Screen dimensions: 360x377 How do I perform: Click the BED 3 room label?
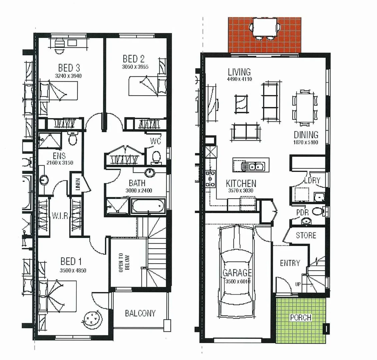coord(69,68)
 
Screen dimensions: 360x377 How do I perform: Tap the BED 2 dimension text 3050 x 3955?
coord(135,67)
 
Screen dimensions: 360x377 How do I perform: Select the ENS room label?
coord(59,156)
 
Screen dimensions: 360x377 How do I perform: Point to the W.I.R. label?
coord(60,216)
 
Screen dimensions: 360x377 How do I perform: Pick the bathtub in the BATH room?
coord(148,206)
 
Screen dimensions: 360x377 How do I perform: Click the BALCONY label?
coord(140,313)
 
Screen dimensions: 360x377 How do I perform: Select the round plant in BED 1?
coord(92,319)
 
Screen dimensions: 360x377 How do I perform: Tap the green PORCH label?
coord(301,317)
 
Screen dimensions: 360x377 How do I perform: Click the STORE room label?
coord(306,235)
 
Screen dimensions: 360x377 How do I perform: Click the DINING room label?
coord(306,135)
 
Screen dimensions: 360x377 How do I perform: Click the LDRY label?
coord(312,181)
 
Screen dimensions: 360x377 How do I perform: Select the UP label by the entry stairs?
coord(298,284)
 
